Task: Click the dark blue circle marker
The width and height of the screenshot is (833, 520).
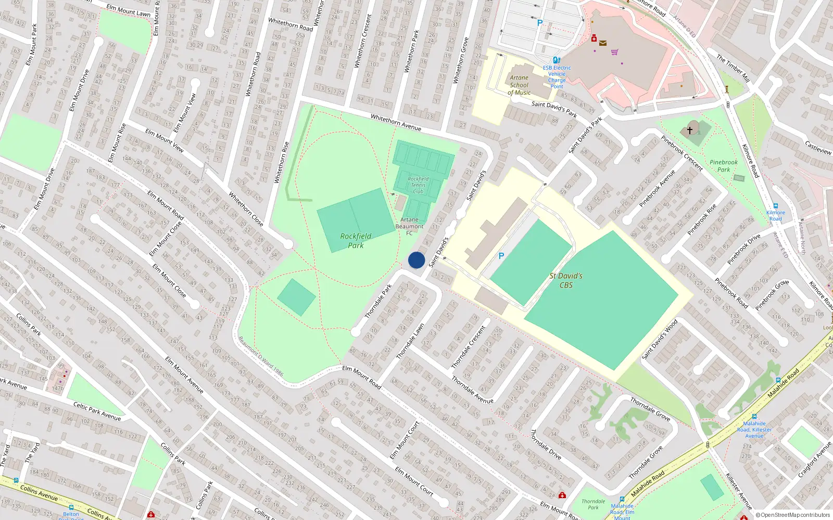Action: pyautogui.click(x=416, y=260)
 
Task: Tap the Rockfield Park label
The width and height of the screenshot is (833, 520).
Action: pyautogui.click(x=356, y=240)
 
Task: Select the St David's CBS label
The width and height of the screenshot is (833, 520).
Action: pyautogui.click(x=566, y=280)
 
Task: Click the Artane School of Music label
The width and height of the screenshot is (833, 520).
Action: pyautogui.click(x=519, y=85)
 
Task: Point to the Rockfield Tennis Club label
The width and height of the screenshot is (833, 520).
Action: pyautogui.click(x=418, y=185)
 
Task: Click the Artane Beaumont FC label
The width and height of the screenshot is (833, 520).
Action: pyautogui.click(x=409, y=226)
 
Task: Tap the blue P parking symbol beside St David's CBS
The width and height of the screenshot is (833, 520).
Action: pyautogui.click(x=501, y=256)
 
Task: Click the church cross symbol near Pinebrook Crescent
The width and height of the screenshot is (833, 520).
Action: pyautogui.click(x=690, y=130)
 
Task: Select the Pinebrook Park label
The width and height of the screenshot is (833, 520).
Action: pyautogui.click(x=723, y=166)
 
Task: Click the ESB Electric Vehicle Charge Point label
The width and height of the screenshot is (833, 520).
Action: pyautogui.click(x=557, y=77)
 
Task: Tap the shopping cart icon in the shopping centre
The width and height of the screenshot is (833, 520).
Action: pyautogui.click(x=614, y=52)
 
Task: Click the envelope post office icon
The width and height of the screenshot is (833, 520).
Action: pyautogui.click(x=602, y=44)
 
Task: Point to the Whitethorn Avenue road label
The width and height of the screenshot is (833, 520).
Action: pyautogui.click(x=396, y=123)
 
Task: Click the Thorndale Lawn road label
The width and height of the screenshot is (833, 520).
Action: pyautogui.click(x=410, y=341)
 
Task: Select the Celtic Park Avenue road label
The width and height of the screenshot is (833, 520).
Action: pyautogui.click(x=97, y=411)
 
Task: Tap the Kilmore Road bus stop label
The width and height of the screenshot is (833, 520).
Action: pyautogui.click(x=775, y=215)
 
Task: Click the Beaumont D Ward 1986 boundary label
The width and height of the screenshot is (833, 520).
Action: pyautogui.click(x=261, y=356)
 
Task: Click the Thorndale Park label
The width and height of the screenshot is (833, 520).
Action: pyautogui.click(x=593, y=504)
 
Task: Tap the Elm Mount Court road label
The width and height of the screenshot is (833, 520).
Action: pyautogui.click(x=414, y=481)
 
